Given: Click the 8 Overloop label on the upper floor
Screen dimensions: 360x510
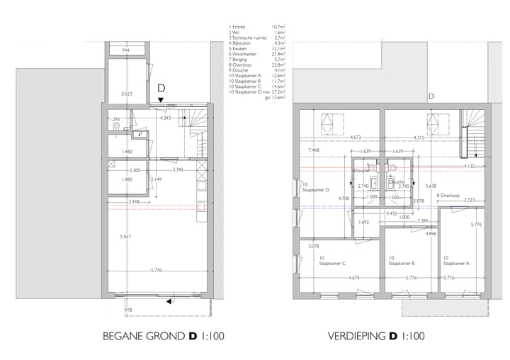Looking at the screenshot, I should pyautogui.click(x=448, y=195).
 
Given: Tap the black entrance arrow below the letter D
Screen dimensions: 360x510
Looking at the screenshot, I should pyautogui.click(x=161, y=101).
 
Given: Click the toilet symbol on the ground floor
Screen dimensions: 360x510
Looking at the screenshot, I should pyautogui.click(x=116, y=128).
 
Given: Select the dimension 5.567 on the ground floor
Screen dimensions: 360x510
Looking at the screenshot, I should pyautogui.click(x=124, y=236).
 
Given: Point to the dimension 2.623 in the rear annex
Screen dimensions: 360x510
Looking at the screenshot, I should pyautogui.click(x=127, y=94).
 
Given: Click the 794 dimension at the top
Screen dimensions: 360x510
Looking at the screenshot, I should pyautogui.click(x=125, y=51).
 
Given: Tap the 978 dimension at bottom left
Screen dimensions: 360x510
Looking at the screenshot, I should pyautogui.click(x=128, y=310).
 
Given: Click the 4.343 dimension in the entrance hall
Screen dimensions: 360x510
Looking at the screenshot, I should pyautogui.click(x=166, y=118).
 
